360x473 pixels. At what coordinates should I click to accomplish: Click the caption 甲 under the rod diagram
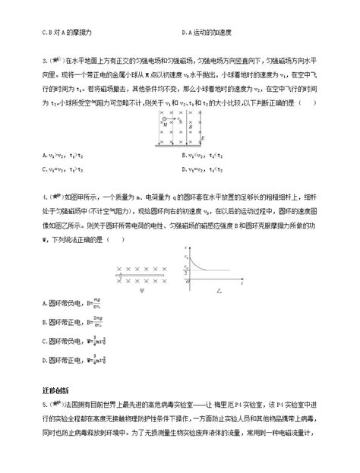tap(141, 291)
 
